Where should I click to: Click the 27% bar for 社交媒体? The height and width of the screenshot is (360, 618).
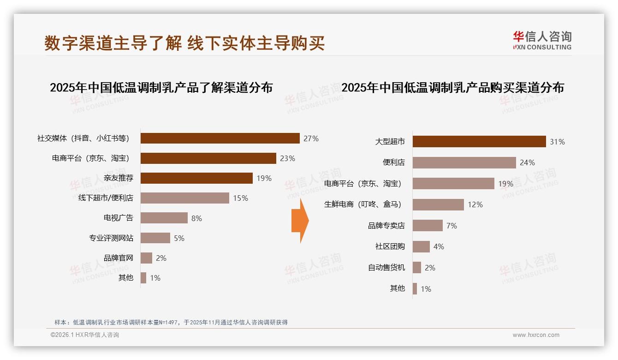coord(220,138)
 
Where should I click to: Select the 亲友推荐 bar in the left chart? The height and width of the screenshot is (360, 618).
coord(196,178)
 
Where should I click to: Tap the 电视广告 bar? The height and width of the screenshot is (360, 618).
coord(164,218)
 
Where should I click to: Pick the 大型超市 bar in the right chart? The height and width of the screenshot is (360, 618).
coord(479,142)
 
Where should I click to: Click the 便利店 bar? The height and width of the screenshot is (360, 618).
coord(464,162)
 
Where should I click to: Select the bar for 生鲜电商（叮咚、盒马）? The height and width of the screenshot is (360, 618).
coord(438,204)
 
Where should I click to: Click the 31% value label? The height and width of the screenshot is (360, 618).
coord(557,142)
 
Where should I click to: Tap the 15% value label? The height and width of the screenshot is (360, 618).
coord(240,198)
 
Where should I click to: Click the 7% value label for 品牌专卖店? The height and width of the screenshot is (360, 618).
coord(452,226)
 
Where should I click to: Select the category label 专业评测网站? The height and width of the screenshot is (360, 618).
coord(111,238)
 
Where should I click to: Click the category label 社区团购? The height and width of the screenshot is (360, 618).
coord(390,246)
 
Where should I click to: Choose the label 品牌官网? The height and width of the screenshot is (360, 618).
coord(119,258)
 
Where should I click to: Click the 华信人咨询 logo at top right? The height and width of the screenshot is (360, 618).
coord(542,40)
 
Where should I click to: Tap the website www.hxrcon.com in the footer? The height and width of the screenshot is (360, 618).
coord(536,335)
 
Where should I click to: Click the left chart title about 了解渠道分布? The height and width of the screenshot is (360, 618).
coord(161,87)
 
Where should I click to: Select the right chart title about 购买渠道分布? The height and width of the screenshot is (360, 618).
coord(452,87)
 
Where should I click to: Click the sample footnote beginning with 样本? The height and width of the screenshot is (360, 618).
coord(171,322)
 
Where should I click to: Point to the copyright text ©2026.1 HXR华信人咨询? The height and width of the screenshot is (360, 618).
coord(85,335)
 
